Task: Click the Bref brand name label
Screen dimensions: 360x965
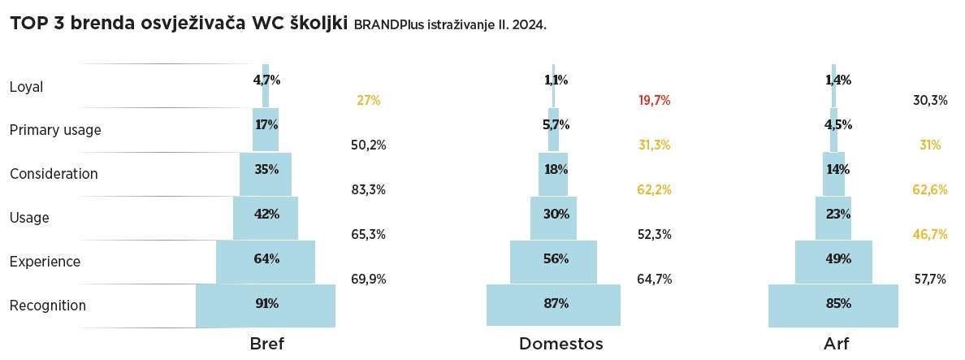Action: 266,344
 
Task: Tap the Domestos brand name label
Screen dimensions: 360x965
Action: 560,344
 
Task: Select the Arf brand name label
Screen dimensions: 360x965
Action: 837,344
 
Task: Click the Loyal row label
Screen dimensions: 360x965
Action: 26,86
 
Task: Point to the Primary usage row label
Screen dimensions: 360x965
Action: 55,130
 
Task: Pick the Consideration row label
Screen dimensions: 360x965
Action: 54,174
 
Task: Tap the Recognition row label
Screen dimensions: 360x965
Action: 48,306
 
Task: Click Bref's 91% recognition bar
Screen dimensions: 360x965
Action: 266,305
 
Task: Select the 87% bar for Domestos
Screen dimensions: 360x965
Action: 554,305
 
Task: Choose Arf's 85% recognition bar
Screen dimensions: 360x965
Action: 833,305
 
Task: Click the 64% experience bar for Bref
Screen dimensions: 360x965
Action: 266,260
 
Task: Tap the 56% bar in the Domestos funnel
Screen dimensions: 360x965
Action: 554,260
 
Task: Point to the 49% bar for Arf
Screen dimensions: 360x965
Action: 833,260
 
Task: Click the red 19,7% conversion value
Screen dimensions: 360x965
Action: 655,101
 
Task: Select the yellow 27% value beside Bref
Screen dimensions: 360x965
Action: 368,101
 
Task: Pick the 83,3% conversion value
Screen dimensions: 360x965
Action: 368,190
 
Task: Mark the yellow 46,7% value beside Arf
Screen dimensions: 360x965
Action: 930,234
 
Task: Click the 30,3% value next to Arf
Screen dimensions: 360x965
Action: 930,101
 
